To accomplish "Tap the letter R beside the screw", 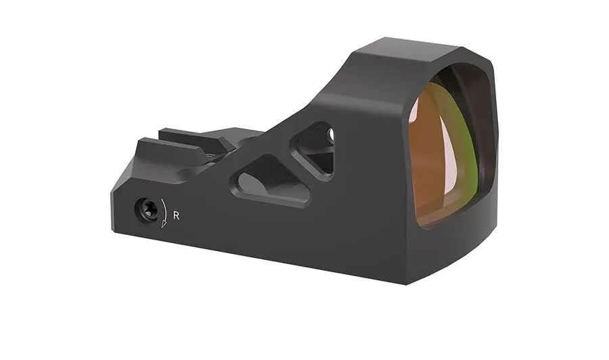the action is tap(177, 216).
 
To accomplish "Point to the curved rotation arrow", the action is tap(164, 212).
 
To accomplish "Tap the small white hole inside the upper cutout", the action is tap(332, 134).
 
